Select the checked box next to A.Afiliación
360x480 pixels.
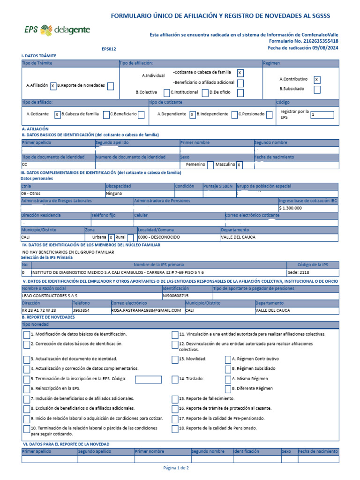tap(53, 86)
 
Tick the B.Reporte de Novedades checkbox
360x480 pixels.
tap(110, 86)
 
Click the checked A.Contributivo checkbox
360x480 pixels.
tap(317, 80)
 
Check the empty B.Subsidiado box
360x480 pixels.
tap(317, 90)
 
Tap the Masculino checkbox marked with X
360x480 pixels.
tap(239, 165)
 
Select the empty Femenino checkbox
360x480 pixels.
tap(210, 165)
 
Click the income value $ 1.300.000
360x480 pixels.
tap(291, 208)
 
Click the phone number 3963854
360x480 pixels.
tap(81, 310)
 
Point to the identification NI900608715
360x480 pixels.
tap(175, 296)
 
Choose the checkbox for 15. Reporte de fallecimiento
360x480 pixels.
tap(175, 398)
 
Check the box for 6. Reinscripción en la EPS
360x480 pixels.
tap(27, 389)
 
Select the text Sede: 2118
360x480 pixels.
tap(298, 272)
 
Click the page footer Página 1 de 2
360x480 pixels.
tap(176, 468)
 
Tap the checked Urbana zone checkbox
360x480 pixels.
tap(111, 237)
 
